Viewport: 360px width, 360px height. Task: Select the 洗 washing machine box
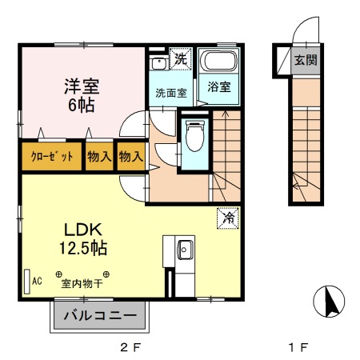tap(181, 58)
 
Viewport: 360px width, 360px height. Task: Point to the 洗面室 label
tap(171, 93)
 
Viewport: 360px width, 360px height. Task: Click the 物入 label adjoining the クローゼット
tap(99, 157)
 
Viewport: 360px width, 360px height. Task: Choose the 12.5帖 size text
tap(82, 248)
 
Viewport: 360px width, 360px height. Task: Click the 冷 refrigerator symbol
tap(228, 215)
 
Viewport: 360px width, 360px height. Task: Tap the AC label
tap(37, 280)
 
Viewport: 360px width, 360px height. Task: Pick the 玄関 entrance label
tap(303, 59)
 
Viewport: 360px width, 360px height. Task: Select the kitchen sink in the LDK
tap(184, 249)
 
